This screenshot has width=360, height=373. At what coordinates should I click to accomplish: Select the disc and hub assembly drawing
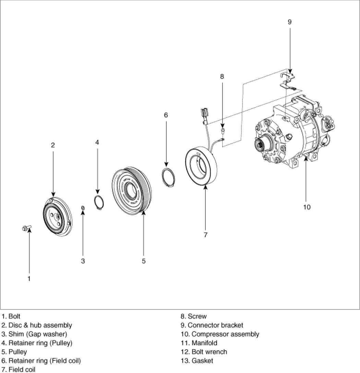(58, 217)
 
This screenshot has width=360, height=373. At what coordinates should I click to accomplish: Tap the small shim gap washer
(83, 208)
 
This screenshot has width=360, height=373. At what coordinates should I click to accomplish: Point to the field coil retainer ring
(168, 177)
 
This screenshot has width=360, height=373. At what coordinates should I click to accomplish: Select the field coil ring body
(201, 166)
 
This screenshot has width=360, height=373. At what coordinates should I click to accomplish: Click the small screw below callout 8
(223, 130)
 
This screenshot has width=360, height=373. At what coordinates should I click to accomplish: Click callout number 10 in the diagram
(307, 207)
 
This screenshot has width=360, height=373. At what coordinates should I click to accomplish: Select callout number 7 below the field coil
(206, 235)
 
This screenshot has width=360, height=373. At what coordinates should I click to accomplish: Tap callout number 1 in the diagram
(29, 279)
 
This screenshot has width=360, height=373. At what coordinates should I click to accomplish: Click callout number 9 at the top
(289, 22)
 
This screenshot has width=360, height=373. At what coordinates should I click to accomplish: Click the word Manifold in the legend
(204, 343)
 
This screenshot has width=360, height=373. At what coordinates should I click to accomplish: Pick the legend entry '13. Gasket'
(197, 361)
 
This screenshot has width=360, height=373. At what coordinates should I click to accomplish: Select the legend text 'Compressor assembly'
(225, 334)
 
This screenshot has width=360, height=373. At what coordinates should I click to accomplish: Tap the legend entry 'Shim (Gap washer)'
(38, 334)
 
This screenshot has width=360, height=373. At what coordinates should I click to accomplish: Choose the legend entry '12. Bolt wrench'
(204, 352)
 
